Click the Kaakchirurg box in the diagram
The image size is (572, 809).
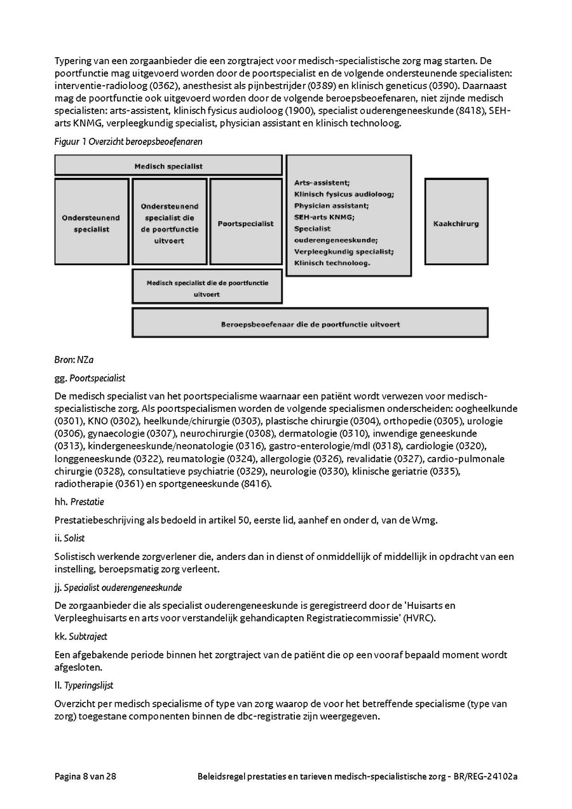[456, 224]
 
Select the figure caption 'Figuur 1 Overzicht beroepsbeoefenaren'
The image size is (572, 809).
[128, 142]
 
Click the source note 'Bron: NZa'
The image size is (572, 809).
[74, 360]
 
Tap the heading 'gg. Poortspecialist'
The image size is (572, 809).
[90, 378]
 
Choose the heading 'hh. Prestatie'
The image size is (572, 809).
[79, 501]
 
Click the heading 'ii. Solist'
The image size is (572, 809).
[69, 538]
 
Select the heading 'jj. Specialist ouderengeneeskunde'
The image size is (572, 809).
[118, 587]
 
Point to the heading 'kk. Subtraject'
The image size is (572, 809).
[81, 636]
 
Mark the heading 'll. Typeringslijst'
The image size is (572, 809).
[84, 686]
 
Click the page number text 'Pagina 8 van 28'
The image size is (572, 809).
[85, 777]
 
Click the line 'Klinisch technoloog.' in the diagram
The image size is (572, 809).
[332, 262]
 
